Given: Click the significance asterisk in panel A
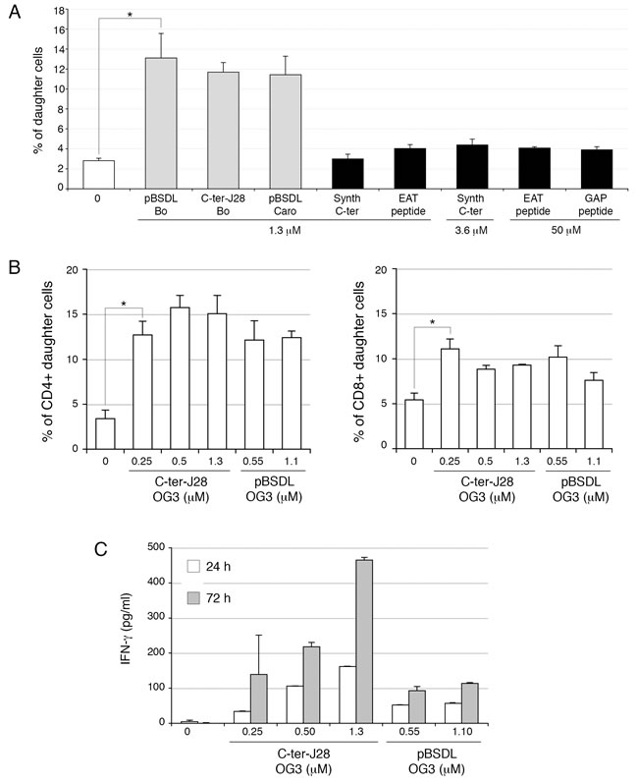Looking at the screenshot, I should pyautogui.click(x=131, y=16).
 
